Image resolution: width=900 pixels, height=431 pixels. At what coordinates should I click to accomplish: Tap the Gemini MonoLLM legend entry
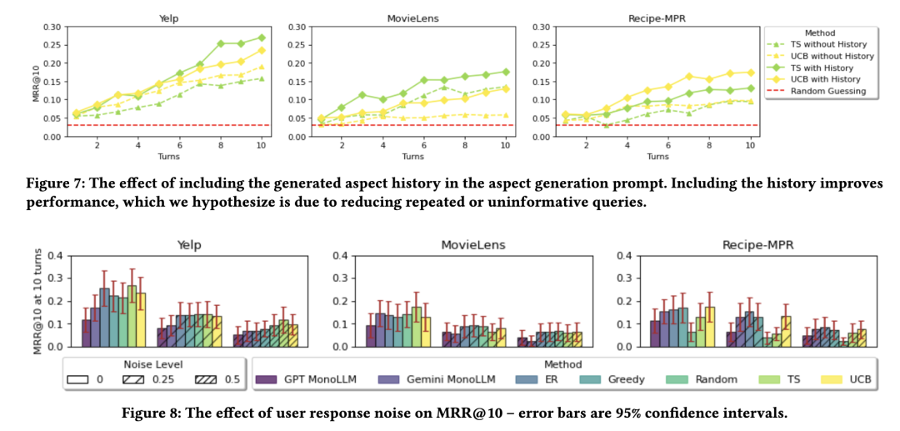[451, 379]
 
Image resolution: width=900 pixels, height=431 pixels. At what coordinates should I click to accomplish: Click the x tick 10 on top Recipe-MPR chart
[750, 145]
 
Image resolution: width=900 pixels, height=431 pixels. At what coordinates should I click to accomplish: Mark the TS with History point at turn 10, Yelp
[261, 38]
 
